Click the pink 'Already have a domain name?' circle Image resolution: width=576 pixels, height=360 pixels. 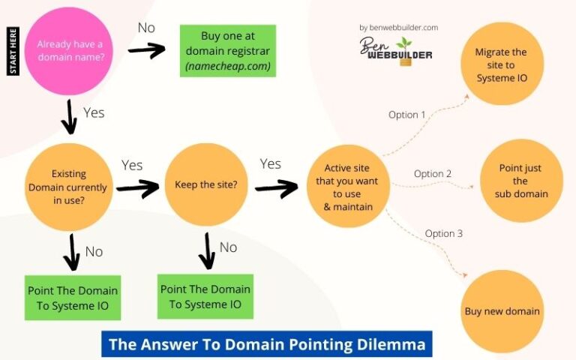pyautogui.click(x=68, y=50)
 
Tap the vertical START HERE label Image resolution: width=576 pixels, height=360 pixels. pyautogui.click(x=13, y=51)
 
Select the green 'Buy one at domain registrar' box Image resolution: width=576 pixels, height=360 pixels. pyautogui.click(x=228, y=51)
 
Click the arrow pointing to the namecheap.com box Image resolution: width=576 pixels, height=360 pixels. pyautogui.click(x=146, y=50)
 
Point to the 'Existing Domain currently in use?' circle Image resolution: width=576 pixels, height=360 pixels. pyautogui.click(x=68, y=186)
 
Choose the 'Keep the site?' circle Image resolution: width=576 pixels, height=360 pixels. pyautogui.click(x=206, y=184)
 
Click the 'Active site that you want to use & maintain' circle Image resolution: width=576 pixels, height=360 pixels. pyautogui.click(x=351, y=186)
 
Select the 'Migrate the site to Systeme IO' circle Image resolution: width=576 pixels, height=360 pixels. pyautogui.click(x=501, y=64)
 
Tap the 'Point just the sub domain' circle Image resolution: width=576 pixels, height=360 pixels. pyautogui.click(x=520, y=181)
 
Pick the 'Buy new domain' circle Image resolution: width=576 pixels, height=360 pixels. pyautogui.click(x=502, y=311)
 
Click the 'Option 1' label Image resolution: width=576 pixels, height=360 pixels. pyautogui.click(x=407, y=115)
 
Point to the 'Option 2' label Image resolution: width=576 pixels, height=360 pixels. pyautogui.click(x=433, y=174)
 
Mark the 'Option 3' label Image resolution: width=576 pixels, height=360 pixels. pyautogui.click(x=444, y=233)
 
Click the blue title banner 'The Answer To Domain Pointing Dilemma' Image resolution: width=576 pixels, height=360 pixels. pyautogui.click(x=266, y=344)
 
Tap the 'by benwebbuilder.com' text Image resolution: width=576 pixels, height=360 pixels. pyautogui.click(x=398, y=28)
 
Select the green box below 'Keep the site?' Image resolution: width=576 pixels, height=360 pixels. pyautogui.click(x=205, y=296)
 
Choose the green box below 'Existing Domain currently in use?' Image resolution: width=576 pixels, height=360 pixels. pyautogui.click(x=72, y=298)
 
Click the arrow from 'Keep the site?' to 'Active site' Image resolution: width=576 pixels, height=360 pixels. pyautogui.click(x=276, y=187)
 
